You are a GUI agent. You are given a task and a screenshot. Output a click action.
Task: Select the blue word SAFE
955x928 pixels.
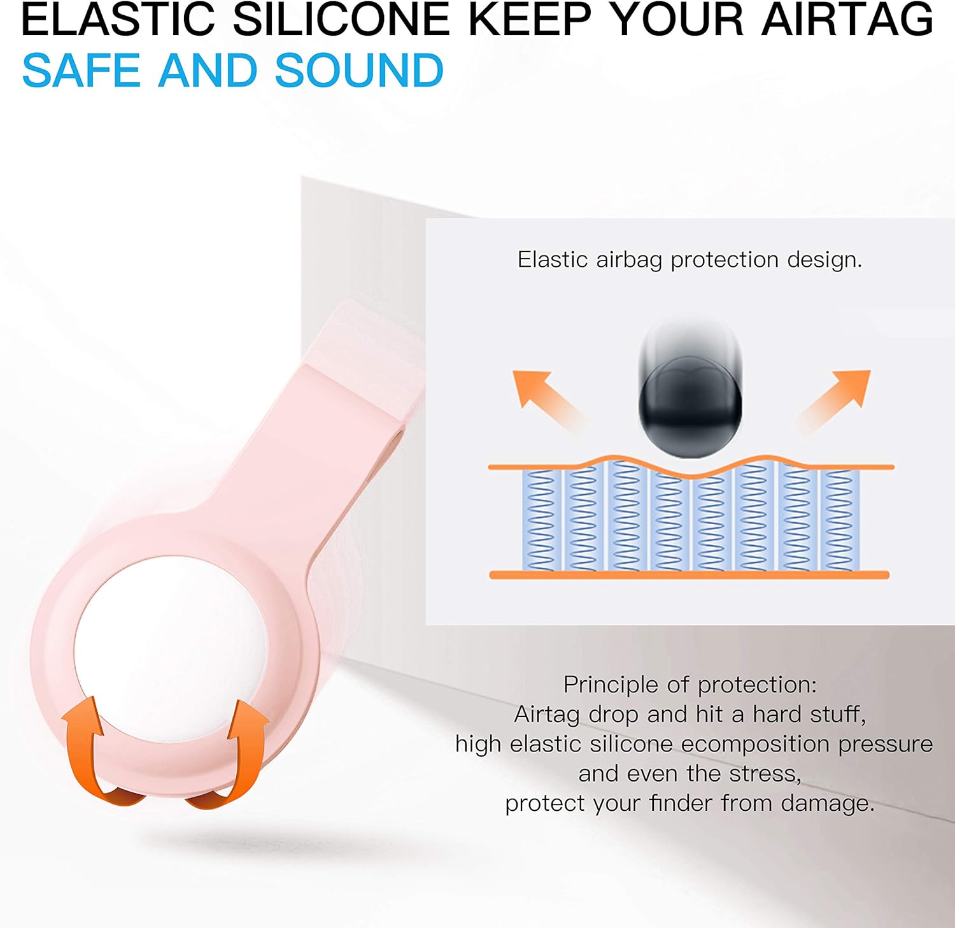[81, 70]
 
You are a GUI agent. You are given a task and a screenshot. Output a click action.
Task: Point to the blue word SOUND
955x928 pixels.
[359, 70]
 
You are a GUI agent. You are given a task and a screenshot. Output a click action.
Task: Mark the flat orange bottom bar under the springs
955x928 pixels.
[689, 575]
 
